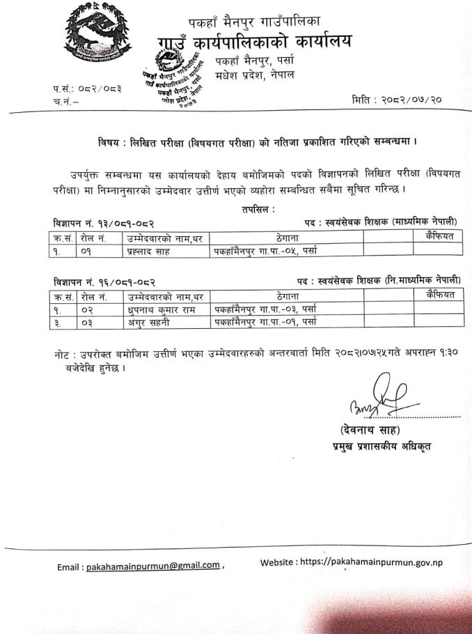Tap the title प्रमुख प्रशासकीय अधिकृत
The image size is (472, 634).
pyautogui.click(x=381, y=447)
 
